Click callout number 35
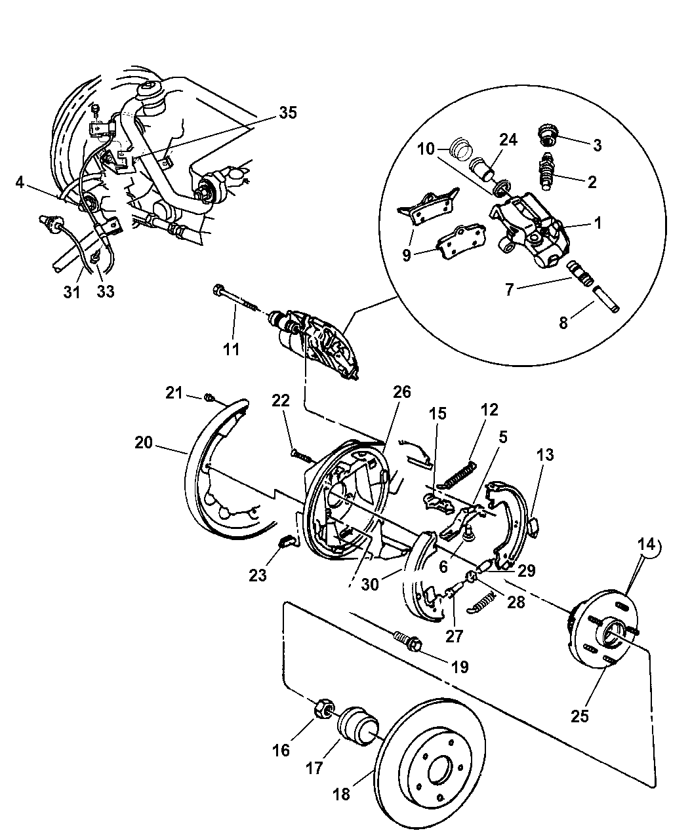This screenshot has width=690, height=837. click(x=287, y=112)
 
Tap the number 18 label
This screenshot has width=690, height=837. click(x=342, y=794)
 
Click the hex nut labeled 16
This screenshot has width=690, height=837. click(x=321, y=709)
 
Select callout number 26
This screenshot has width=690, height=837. click(x=402, y=392)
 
